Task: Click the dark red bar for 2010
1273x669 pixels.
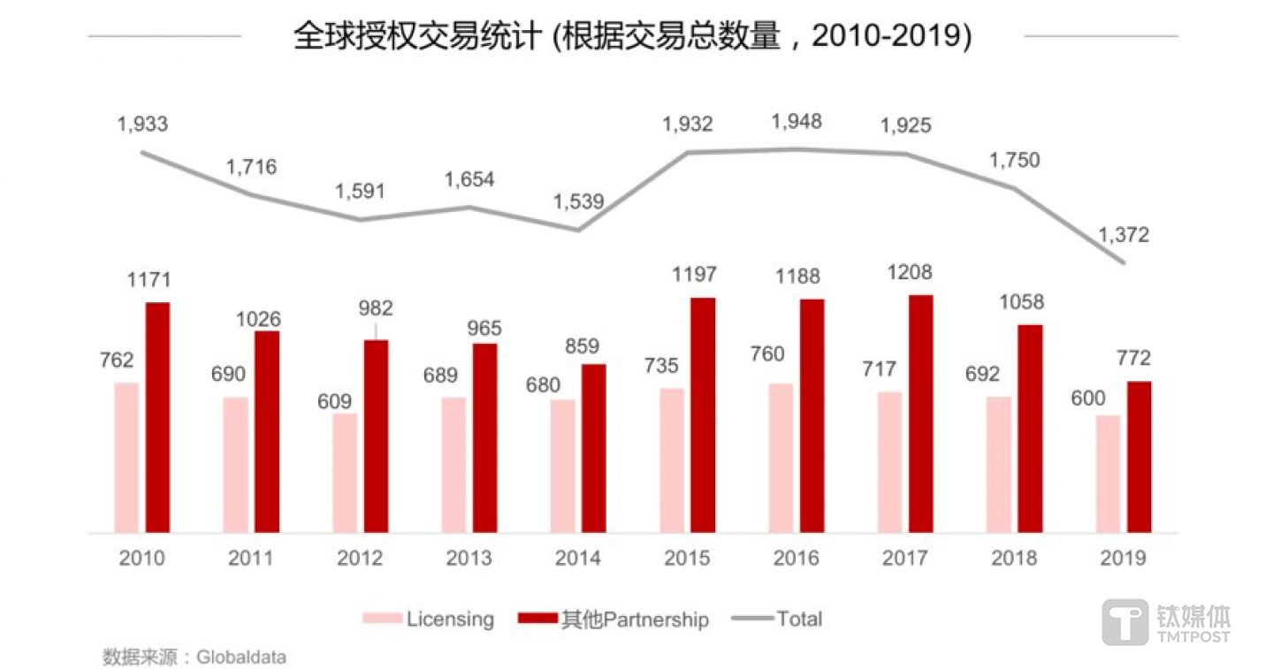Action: coord(157,417)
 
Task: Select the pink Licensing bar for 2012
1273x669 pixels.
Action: coord(345,473)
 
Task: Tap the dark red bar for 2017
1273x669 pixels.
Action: coord(921,414)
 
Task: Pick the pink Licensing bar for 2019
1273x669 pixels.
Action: coord(1108,474)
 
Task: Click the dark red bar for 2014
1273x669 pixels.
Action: coord(594,448)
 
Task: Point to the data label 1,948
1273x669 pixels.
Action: coord(797,121)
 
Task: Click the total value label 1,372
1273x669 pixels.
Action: coord(1124,234)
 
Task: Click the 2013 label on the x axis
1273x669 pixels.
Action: coord(469,559)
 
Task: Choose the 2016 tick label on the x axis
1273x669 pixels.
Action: coord(796,559)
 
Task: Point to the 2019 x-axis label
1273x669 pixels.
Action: coord(1123,559)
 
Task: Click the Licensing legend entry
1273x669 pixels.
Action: coord(429,619)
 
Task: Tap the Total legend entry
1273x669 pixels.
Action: coord(778,619)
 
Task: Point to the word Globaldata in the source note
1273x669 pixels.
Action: coord(241,658)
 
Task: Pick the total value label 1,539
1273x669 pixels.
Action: coord(578,201)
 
